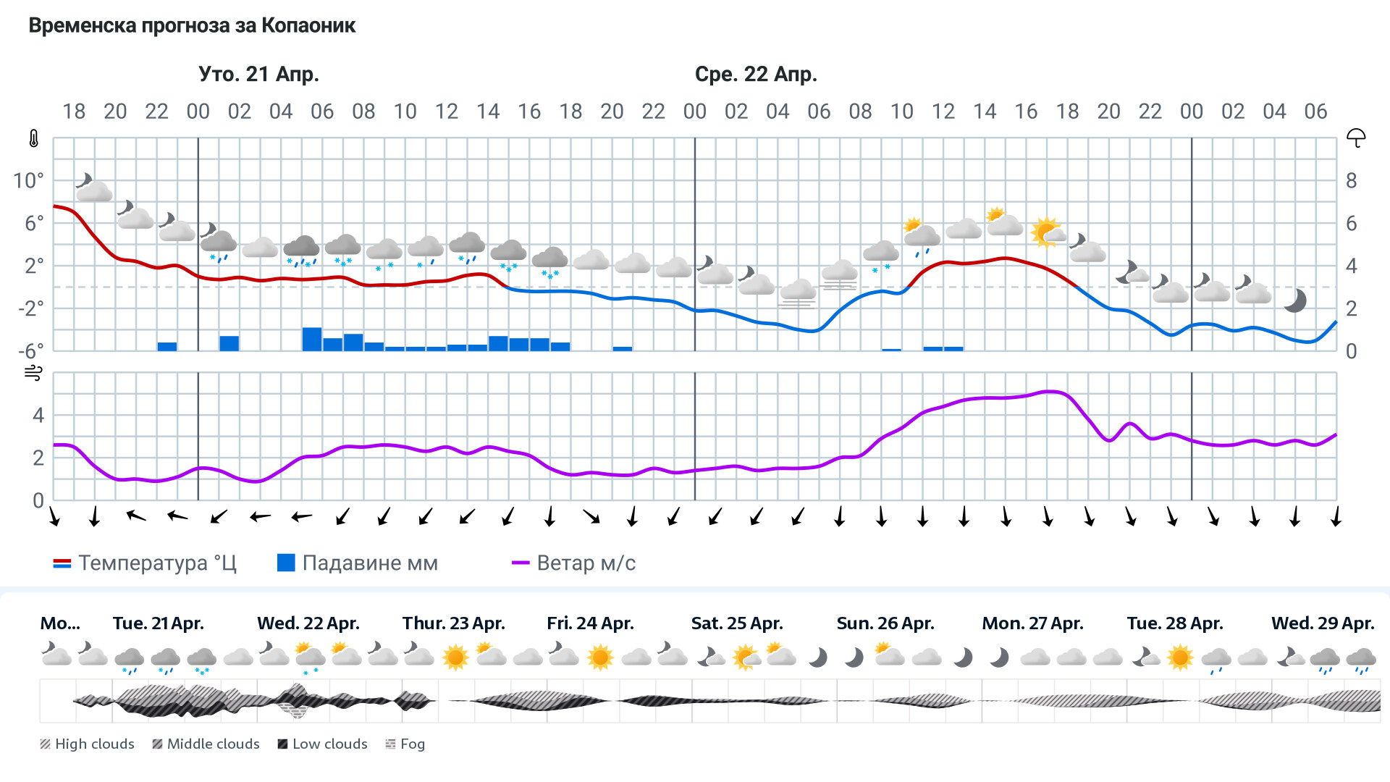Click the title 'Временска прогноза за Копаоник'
coord(192,26)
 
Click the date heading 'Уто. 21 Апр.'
coord(258,75)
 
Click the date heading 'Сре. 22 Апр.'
coord(756,75)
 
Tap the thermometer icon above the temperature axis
coord(34,138)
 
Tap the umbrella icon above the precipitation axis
coord(1355,138)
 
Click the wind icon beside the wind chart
coord(33,373)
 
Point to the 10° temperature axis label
coord(28,181)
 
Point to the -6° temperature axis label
coord(30,351)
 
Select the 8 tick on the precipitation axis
coord(1351,181)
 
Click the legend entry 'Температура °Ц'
coord(145,563)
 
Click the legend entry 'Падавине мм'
coord(358,563)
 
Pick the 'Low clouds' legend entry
coord(322,744)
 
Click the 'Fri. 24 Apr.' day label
coord(590,623)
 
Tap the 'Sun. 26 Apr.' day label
coord(885,623)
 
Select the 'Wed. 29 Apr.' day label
coord(1322,623)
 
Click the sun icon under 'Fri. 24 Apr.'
coord(600,657)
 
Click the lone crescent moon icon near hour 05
coord(1294,300)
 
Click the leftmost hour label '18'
coord(74,112)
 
